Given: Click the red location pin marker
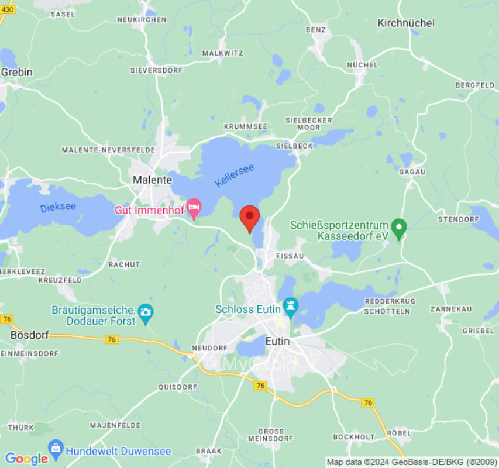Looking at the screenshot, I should pos(250,218).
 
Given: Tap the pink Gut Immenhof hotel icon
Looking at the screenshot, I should pos(194,207).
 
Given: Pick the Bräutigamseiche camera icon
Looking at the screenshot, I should pos(145,311).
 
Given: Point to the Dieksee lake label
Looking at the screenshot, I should pos(58,207).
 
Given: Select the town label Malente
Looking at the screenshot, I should pos(152,180).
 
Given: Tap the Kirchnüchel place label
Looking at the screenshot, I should pos(406,23).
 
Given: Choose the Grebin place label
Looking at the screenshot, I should pos(17,72).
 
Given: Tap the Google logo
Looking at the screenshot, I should pos(26,459).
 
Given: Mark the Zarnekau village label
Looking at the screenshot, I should pos(450,308).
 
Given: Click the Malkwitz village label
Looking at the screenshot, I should pos(222,53).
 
